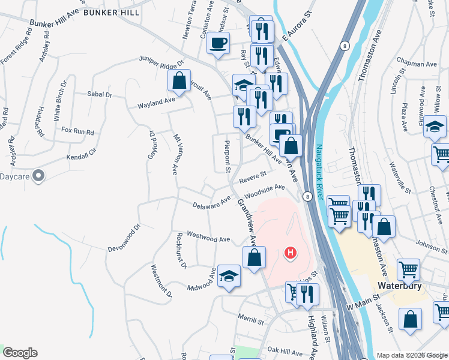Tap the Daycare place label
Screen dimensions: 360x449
[x=14, y=176]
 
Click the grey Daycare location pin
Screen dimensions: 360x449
[x=39, y=176]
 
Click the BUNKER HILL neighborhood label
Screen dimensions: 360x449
[x=112, y=12]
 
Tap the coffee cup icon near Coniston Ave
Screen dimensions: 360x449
[x=218, y=43]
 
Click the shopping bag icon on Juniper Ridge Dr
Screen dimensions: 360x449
[x=179, y=80]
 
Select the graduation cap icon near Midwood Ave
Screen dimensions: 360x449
[x=229, y=277]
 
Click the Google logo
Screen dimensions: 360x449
[x=20, y=353]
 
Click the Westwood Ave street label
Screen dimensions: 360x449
[x=209, y=238]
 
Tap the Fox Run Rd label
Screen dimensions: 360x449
[x=78, y=131]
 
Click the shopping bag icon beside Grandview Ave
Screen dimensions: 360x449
[x=255, y=259]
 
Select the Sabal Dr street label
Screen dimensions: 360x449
[x=100, y=94]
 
